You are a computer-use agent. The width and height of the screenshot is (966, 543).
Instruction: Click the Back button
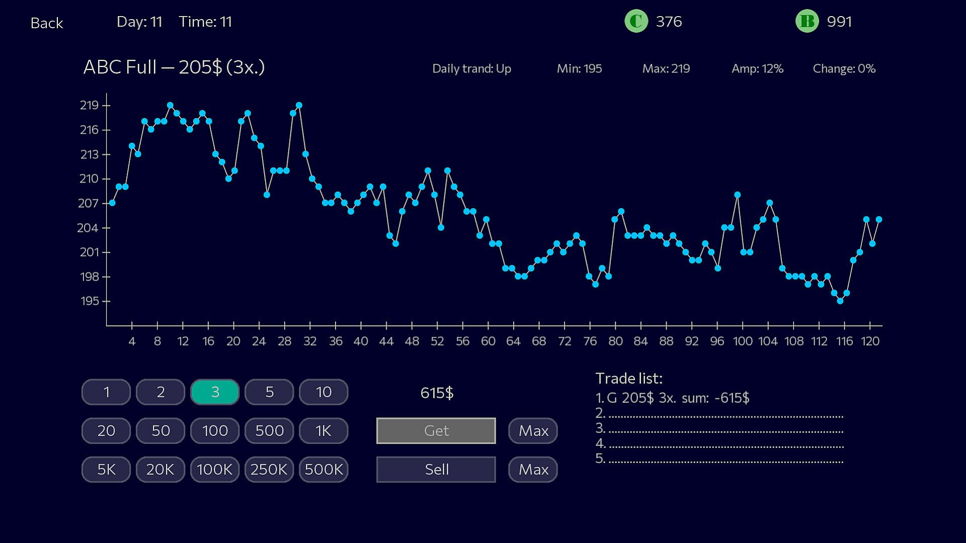46,23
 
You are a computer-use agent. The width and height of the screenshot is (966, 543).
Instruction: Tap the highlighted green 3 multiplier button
215,392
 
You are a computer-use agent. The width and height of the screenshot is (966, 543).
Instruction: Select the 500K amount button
324,470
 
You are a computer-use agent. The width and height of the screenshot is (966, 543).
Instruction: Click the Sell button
436,470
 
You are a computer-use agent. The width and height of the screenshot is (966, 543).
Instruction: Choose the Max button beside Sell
533,470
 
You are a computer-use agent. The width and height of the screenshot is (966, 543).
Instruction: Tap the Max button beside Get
533,431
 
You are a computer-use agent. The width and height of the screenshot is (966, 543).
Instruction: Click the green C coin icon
636,22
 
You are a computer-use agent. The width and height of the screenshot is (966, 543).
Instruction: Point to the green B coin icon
807,22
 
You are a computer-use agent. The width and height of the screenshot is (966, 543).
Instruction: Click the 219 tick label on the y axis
89,106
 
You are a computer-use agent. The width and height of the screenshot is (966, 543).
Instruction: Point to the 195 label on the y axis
89,301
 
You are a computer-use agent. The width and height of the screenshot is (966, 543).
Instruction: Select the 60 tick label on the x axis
488,341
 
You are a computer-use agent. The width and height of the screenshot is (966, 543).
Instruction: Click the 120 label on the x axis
870,341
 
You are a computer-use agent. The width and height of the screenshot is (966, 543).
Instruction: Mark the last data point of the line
879,220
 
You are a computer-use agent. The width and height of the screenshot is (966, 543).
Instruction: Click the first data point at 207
112,203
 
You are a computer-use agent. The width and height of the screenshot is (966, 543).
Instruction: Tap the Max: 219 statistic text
666,69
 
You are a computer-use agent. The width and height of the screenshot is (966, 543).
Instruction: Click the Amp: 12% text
757,69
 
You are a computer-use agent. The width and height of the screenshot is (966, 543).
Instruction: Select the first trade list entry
672,398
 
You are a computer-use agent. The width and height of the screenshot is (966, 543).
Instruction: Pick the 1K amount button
324,431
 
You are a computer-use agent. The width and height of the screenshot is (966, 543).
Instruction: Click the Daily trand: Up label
471,69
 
